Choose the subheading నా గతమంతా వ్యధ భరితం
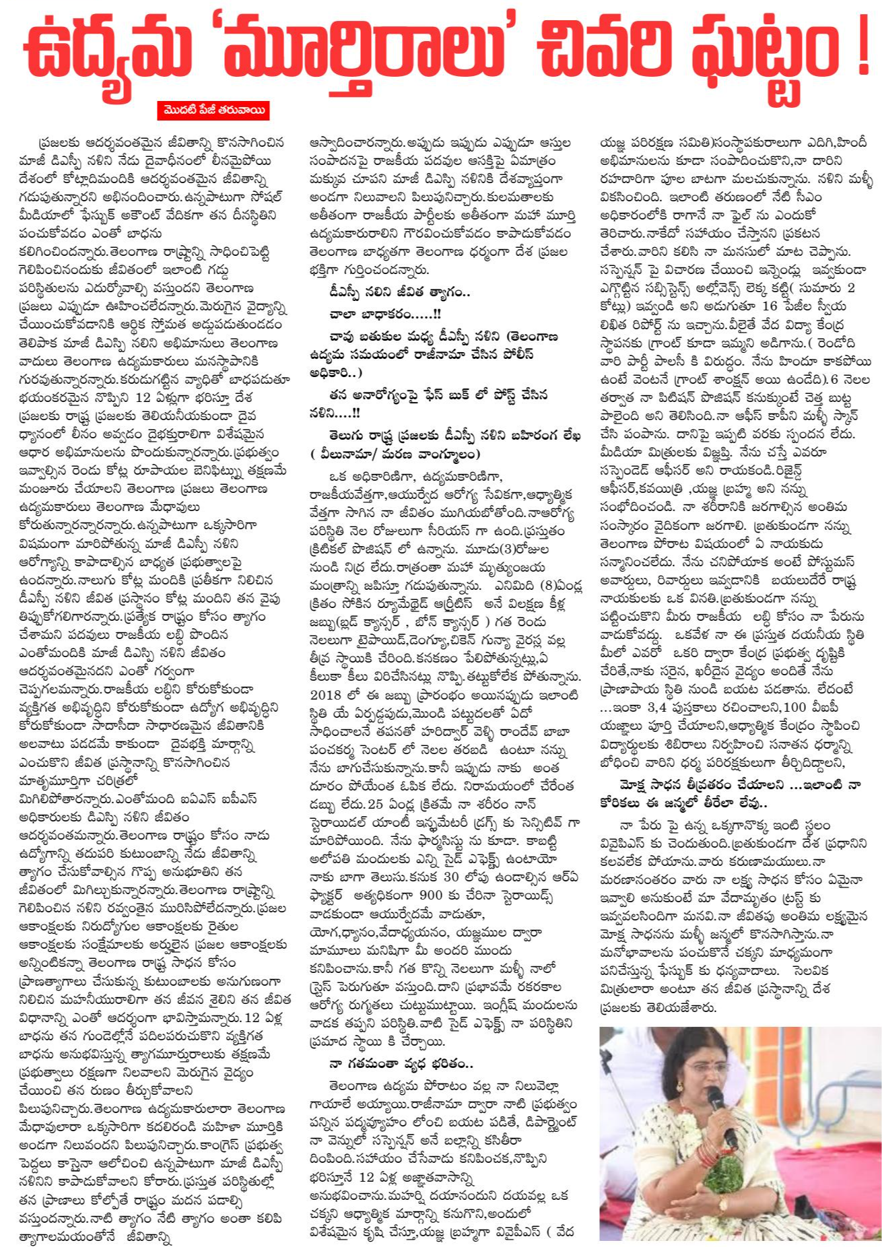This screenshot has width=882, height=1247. point(401,1065)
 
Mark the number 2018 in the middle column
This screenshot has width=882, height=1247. point(326,695)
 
